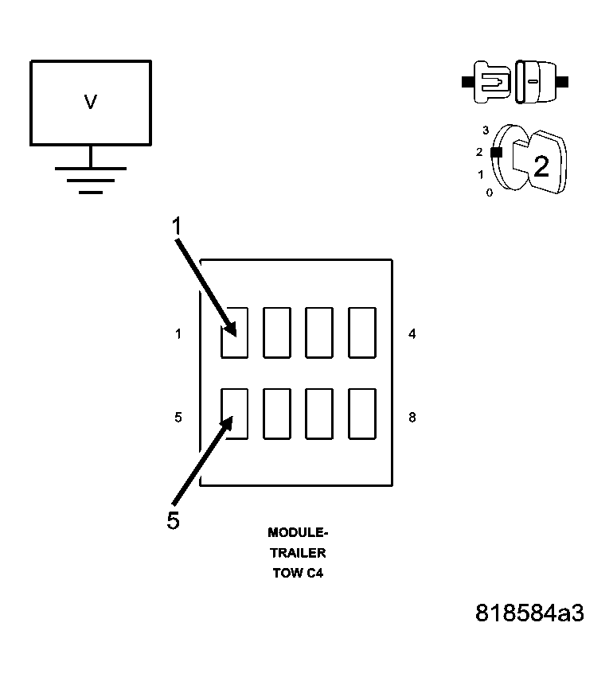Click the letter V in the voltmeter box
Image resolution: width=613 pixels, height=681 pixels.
tap(91, 102)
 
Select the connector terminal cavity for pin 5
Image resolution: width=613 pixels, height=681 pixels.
tap(234, 413)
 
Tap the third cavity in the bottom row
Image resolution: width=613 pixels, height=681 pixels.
tap(319, 413)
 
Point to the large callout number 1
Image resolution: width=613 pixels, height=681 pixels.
tap(178, 227)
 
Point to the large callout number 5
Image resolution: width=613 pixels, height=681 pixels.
tap(174, 520)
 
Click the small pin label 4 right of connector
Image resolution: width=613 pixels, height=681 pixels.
tap(412, 334)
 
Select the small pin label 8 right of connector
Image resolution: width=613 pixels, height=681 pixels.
tap(412, 417)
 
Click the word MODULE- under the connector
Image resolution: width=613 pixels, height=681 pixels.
tap(298, 532)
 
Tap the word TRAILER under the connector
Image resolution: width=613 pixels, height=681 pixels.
tap(298, 553)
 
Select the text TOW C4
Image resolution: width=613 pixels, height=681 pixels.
tap(298, 574)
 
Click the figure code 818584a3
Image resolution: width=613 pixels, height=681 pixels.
tap(529, 613)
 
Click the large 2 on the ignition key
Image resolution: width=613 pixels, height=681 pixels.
tap(541, 166)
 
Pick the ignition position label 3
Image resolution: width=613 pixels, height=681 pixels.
tap(486, 130)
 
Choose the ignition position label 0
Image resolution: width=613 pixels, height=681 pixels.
tap(489, 193)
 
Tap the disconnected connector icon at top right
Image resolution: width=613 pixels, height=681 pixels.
tap(516, 81)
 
